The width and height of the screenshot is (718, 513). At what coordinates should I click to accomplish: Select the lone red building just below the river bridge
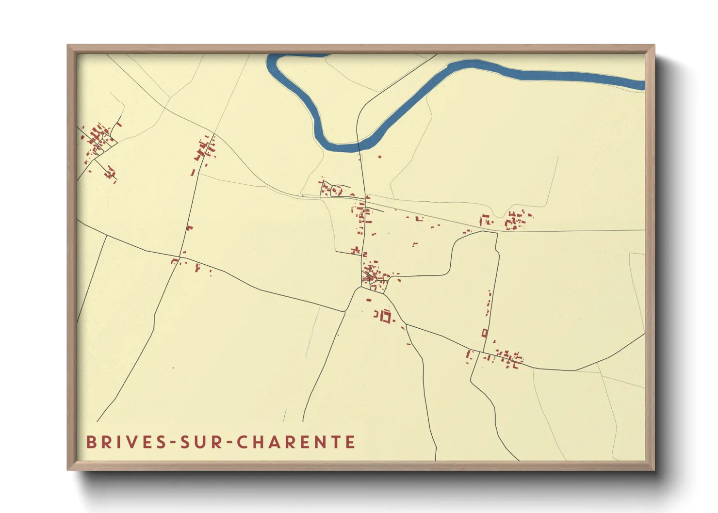(379, 157)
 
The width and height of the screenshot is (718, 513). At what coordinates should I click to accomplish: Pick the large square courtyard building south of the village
(386, 317)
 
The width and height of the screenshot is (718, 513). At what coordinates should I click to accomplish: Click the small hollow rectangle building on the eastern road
(484, 333)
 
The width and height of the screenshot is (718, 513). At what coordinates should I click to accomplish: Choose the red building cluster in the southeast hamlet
(507, 358)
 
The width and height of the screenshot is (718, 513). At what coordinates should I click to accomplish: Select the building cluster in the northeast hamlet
(515, 220)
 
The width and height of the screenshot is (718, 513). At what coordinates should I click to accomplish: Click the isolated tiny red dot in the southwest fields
(173, 368)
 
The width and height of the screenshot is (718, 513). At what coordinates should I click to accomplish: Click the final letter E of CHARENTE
(351, 442)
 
